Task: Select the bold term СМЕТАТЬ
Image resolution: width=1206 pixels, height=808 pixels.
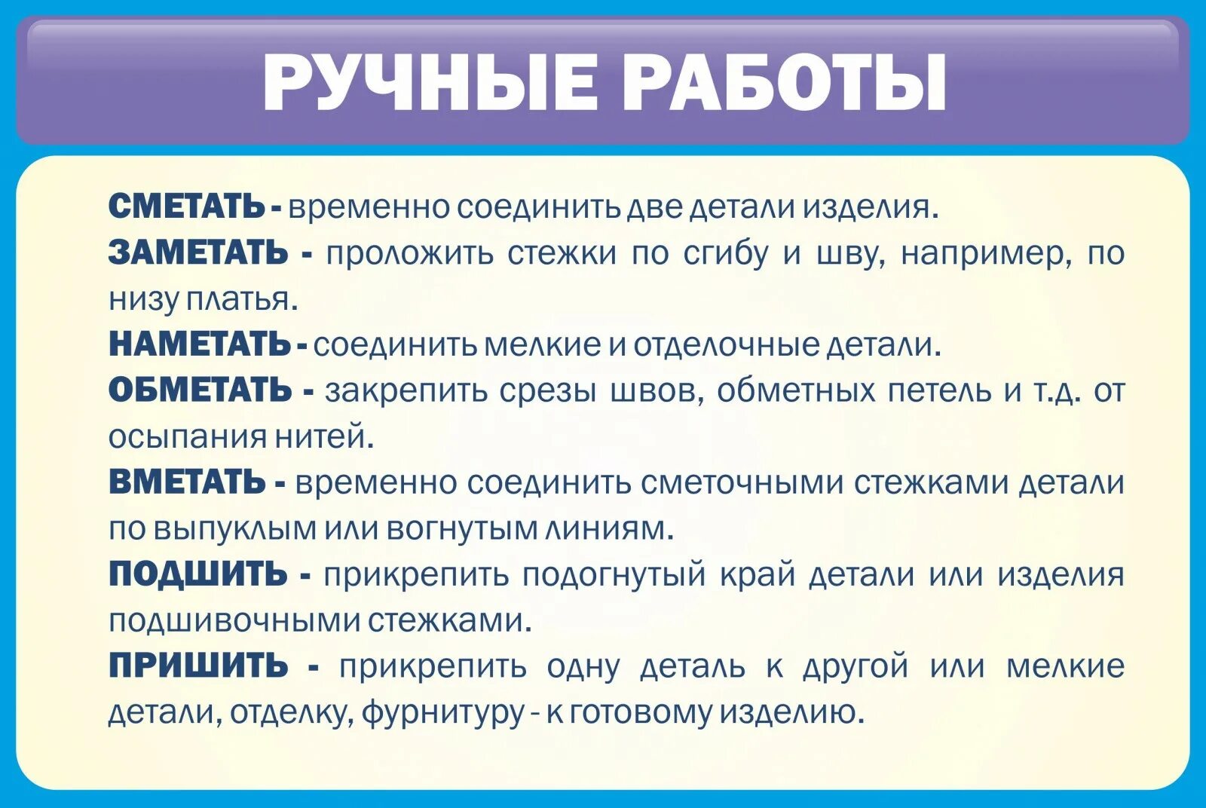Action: pos(187,207)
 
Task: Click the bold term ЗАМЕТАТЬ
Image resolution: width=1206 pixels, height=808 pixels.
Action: pos(198,252)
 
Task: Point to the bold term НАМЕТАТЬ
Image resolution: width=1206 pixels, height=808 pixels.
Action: pos(200,344)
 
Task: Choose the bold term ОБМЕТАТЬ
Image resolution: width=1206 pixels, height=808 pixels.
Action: pos(200,390)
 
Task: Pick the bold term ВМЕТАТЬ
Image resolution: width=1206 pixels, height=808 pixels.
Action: pos(187,482)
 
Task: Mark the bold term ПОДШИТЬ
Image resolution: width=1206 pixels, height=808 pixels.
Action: pos(197,574)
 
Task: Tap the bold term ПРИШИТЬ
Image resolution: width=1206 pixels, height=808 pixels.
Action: pos(198,666)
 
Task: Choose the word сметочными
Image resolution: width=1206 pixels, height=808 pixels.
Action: pos(742,483)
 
